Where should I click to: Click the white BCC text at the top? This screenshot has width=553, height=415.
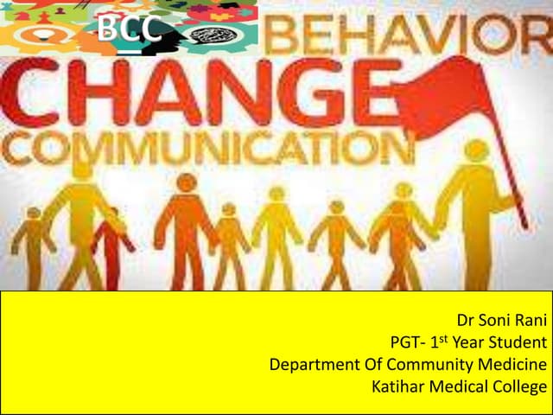pos(129,29)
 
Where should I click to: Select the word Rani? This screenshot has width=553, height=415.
pos(530,321)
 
